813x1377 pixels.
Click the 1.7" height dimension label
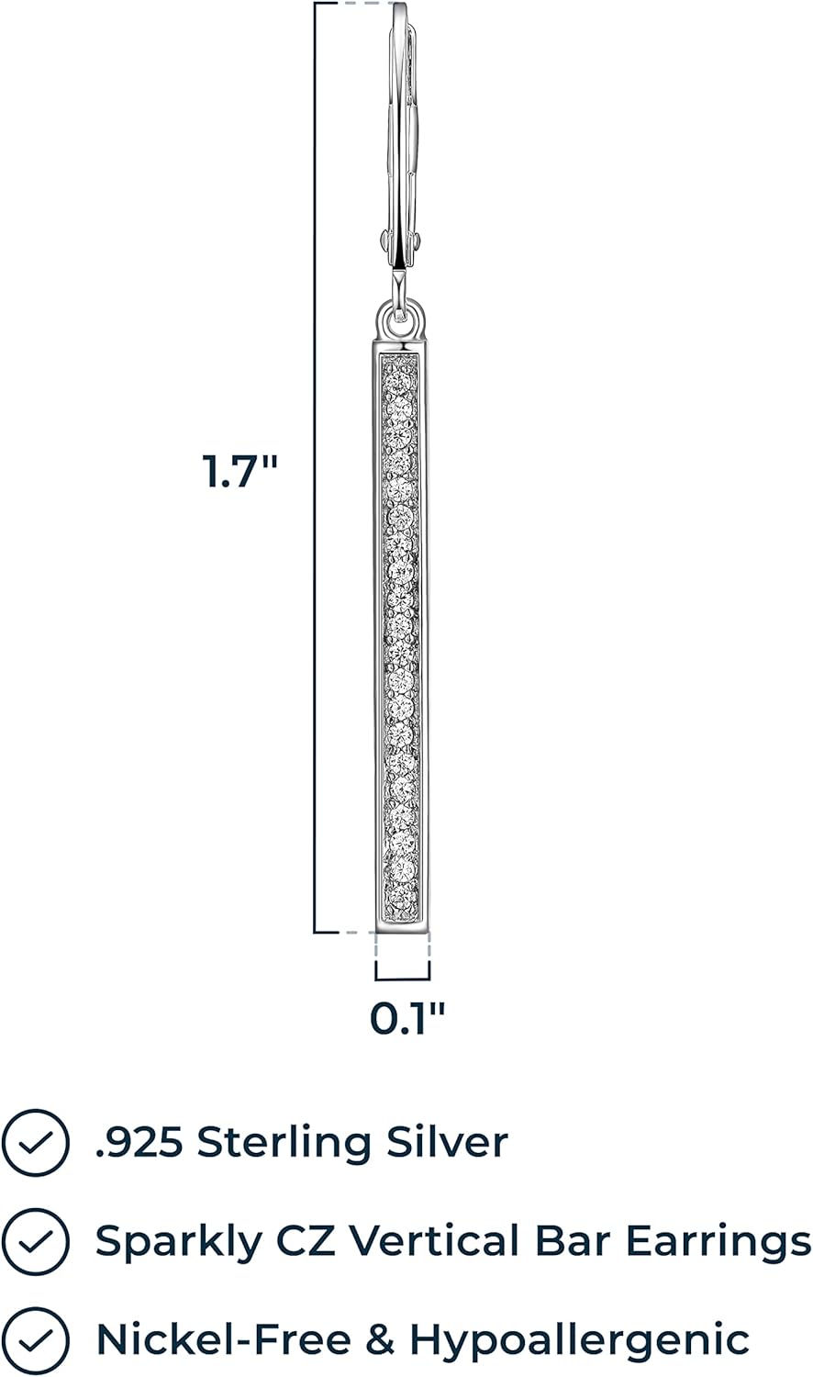click(x=239, y=472)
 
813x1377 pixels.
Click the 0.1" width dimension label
click(x=407, y=1018)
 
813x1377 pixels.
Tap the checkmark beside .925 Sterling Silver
click(x=35, y=1143)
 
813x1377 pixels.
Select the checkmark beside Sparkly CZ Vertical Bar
click(x=35, y=1241)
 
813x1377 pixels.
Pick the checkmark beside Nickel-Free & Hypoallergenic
click(x=35, y=1340)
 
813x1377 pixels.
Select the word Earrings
click(x=718, y=1241)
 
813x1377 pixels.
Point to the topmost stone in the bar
click(x=400, y=377)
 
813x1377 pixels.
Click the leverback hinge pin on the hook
click(x=400, y=241)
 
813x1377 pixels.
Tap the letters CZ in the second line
click(x=306, y=1241)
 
